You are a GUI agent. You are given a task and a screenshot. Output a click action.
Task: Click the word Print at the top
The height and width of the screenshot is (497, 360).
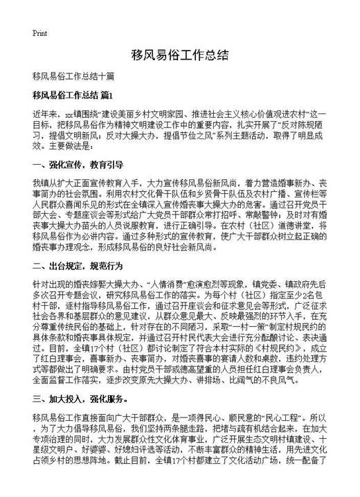[x=39, y=33]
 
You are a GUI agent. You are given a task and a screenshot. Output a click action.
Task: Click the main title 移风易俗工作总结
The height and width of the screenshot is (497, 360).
[x=179, y=55]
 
